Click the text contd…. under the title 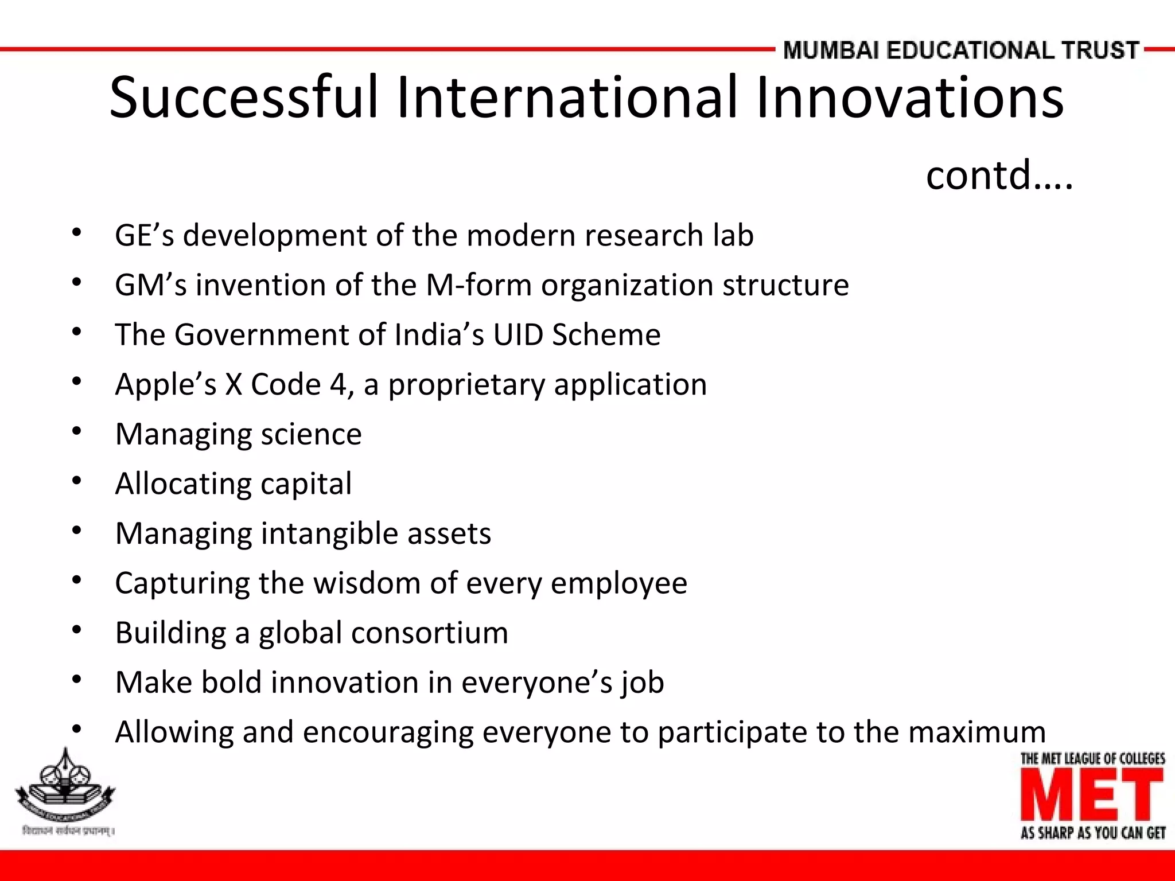999,175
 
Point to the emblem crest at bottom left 65,786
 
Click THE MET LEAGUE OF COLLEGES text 1092,759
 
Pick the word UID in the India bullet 518,334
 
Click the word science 311,434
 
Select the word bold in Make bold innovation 232,683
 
